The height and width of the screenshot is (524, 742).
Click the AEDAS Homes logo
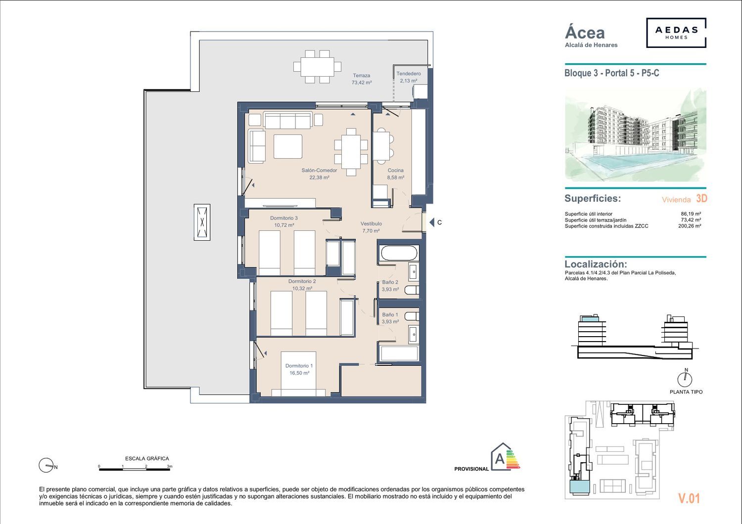pos(676,33)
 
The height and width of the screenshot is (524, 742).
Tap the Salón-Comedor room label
pos(319,174)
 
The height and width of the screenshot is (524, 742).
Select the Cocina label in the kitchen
pos(396,174)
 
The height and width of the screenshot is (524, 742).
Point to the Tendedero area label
pos(409,77)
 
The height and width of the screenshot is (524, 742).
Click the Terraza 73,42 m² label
pos(362,79)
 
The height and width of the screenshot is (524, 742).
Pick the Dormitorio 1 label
pos(299,369)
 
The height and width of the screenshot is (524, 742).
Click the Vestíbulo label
pos(371,227)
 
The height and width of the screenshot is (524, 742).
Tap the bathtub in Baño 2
pos(399,253)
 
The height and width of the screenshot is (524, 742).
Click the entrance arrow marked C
pos(432,222)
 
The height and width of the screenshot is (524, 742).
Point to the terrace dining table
pos(318,67)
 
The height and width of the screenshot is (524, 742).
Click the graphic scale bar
pos(135,470)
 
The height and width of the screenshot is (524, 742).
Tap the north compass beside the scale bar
pos(46,465)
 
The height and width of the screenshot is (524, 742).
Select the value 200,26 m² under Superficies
pos(690,226)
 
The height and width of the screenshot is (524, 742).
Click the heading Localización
pos(596,264)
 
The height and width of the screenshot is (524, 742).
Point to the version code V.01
pos(689,498)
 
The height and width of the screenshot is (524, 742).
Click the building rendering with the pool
pos(635,135)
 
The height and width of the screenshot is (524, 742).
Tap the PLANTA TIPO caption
pos(686,392)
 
